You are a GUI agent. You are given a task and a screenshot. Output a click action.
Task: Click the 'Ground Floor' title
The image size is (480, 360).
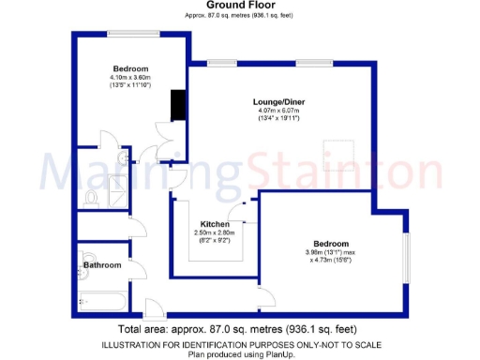click(x=240, y=5)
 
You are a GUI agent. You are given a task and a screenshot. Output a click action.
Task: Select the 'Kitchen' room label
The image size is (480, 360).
click(x=216, y=223)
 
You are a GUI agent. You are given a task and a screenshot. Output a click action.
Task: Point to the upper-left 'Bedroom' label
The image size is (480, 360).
click(x=130, y=68)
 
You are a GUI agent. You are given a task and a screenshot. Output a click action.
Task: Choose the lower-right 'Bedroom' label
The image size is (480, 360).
click(x=332, y=241)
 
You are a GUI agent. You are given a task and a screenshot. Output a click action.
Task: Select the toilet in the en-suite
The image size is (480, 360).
click(x=90, y=198)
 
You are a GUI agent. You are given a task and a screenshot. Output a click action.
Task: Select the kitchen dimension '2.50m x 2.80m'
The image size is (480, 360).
click(x=216, y=232)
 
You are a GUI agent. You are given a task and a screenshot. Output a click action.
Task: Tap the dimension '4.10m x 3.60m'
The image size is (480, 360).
click(x=130, y=78)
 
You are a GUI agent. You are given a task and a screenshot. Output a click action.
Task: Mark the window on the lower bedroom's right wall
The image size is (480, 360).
click(x=407, y=254)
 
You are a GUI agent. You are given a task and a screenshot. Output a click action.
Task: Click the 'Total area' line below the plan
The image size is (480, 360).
click(x=240, y=330)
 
